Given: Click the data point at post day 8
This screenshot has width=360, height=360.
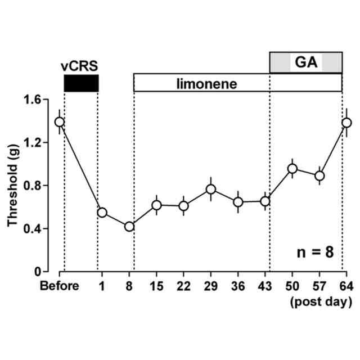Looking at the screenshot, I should pyautogui.click(x=129, y=226).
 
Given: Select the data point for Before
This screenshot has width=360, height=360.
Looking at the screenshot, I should pyautogui.click(x=60, y=121).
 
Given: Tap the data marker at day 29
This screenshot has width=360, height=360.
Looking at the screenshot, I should pyautogui.click(x=211, y=189).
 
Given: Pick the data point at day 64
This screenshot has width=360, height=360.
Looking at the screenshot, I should pyautogui.click(x=346, y=122).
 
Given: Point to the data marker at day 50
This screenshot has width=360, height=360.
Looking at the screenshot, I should pyautogui.click(x=292, y=168).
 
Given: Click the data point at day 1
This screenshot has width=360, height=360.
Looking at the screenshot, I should pyautogui.click(x=102, y=212).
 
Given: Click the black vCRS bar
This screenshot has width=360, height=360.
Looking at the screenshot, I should pyautogui.click(x=82, y=83).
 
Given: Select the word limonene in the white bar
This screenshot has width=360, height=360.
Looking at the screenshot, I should pyautogui.click(x=206, y=84).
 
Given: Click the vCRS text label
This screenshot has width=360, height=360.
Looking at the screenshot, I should pyautogui.click(x=80, y=66).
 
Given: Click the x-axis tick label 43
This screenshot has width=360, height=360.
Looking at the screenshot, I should pyautogui.click(x=265, y=287).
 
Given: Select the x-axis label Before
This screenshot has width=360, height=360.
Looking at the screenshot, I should pyautogui.click(x=59, y=287).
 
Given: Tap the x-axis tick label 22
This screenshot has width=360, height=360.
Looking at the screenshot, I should pyautogui.click(x=183, y=287).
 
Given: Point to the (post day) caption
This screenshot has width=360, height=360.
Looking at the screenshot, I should pyautogui.click(x=321, y=303).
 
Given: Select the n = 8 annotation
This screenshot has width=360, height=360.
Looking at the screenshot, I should pyautogui.click(x=316, y=251).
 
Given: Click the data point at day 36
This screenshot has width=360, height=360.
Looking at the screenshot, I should pyautogui.click(x=238, y=202).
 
